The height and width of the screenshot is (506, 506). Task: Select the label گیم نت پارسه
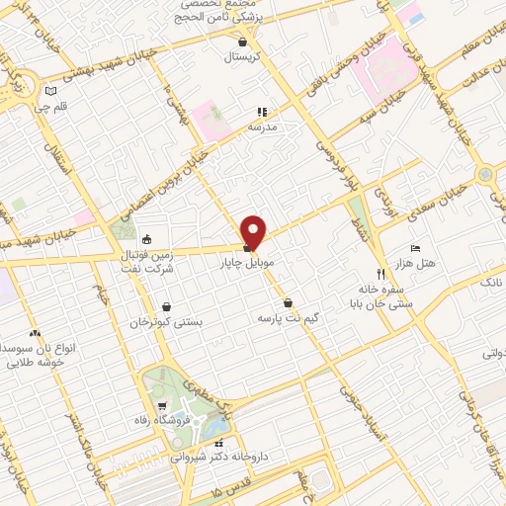[x=287, y=319]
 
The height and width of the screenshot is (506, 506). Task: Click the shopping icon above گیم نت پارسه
[x=287, y=303]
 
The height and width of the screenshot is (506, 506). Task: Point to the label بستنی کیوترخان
[x=166, y=322]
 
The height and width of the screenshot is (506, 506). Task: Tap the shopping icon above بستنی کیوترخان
[x=165, y=305]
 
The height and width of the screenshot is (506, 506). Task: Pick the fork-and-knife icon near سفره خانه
[x=380, y=275]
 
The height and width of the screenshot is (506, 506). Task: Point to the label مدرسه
[x=262, y=127]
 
